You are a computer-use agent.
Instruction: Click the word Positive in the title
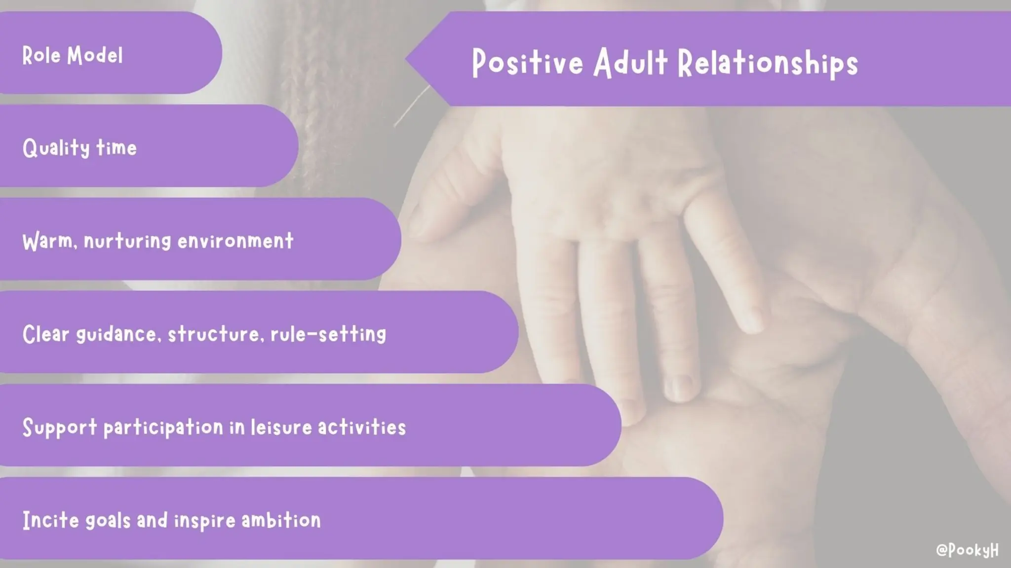click(x=527, y=63)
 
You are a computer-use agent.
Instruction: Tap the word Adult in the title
click(x=630, y=63)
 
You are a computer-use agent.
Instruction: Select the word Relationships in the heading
click(x=768, y=63)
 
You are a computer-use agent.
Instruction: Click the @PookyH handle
click(x=967, y=550)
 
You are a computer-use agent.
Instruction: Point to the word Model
click(x=95, y=55)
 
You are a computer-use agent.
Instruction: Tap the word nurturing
click(x=127, y=241)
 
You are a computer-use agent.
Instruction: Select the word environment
click(x=235, y=241)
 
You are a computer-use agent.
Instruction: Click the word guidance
click(x=118, y=334)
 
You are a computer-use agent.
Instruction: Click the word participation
click(x=163, y=427)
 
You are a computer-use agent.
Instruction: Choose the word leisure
click(x=281, y=427)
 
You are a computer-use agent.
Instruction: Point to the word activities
click(x=362, y=427)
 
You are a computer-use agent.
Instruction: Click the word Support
click(x=60, y=427)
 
